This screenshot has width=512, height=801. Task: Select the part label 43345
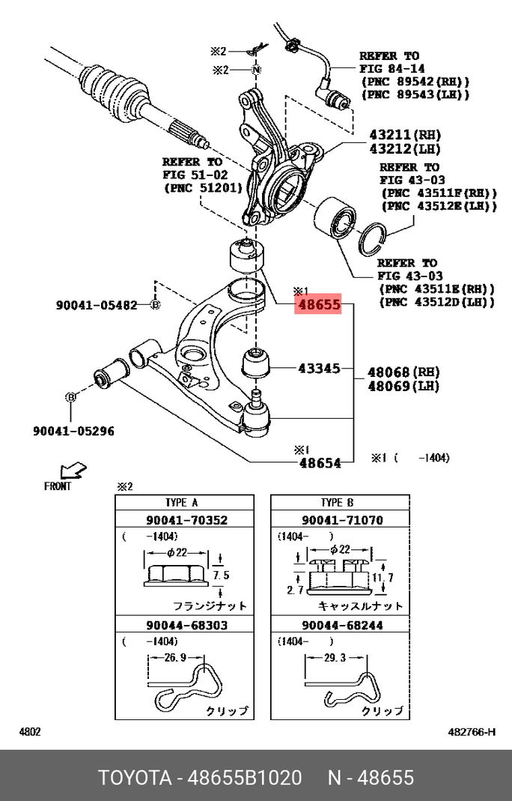[319, 369]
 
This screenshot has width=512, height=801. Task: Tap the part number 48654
[320, 463]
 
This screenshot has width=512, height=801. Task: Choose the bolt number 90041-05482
[97, 305]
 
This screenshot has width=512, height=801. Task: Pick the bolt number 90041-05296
[73, 431]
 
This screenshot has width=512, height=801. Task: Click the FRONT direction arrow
[73, 471]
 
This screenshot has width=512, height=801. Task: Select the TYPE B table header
[341, 503]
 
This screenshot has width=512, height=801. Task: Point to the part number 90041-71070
[341, 520]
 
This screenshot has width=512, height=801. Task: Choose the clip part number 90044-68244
[341, 625]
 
